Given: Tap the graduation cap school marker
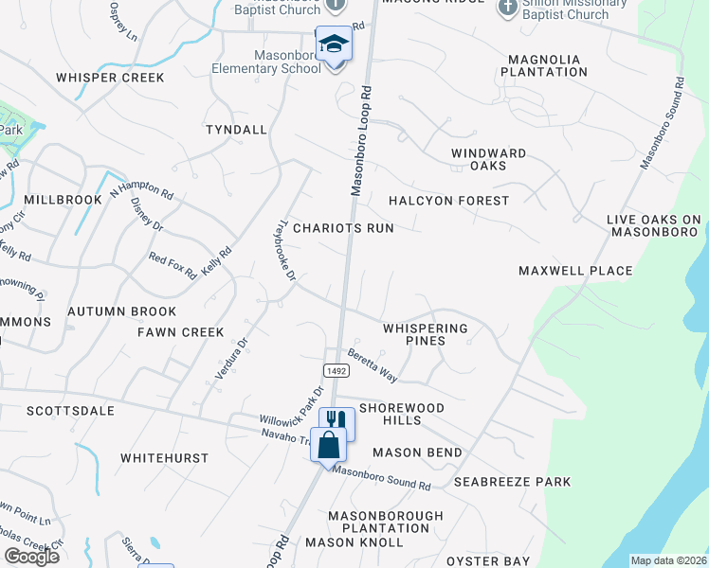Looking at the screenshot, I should click(x=333, y=44).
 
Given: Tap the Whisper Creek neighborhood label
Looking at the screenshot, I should click(x=110, y=78).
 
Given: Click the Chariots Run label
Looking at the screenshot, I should click(x=342, y=228).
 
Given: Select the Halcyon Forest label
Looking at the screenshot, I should click(x=448, y=201).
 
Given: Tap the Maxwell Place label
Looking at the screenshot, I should click(x=575, y=271).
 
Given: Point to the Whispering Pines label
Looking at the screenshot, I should click(x=426, y=334).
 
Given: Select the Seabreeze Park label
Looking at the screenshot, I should click(x=512, y=482).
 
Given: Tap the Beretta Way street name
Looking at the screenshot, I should click(x=372, y=366).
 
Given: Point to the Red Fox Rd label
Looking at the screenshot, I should click(x=173, y=266).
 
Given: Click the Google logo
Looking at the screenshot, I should click(x=31, y=557).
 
